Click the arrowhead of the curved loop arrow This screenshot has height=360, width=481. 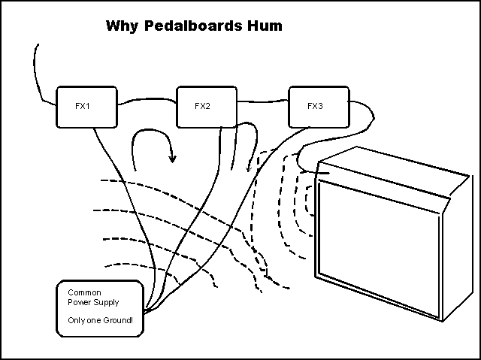[x=173, y=159]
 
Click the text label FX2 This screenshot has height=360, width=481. [x=202, y=106]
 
